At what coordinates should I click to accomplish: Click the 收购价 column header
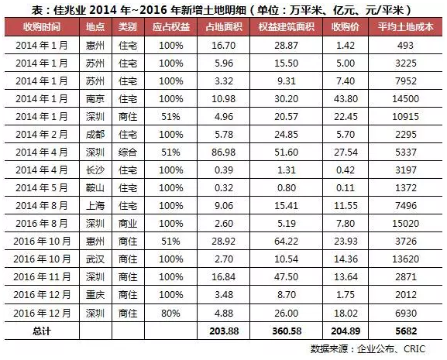346,27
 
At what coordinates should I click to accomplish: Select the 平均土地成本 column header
405,27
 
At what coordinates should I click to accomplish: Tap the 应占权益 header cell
170,27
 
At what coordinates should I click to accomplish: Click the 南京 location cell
95,99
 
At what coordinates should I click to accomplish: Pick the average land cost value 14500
405,99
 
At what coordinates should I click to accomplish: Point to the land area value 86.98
223,152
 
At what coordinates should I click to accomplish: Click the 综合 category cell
128,152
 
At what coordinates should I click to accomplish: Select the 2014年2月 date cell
41,135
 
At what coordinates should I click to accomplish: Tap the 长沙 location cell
95,170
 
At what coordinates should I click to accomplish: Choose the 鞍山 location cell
95,187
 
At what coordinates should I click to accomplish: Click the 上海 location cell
95,206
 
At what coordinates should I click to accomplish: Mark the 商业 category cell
128,223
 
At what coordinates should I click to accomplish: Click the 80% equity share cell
170,314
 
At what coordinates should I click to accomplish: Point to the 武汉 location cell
95,259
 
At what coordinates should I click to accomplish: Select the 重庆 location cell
95,295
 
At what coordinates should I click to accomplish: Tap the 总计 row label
42,331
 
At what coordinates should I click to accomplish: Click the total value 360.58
287,331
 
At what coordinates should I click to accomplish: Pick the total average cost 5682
406,331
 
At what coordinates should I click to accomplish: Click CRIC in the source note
414,349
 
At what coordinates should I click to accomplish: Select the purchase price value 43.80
346,99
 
